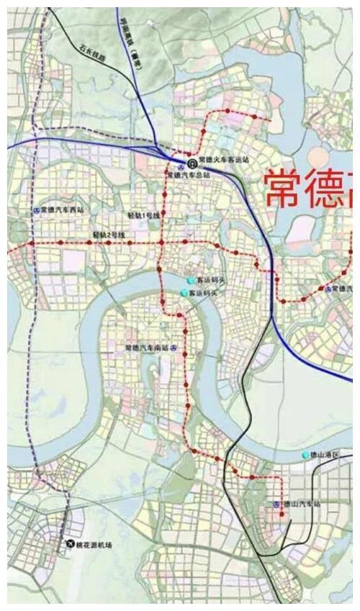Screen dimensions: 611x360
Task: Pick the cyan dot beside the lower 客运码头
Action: [184, 294]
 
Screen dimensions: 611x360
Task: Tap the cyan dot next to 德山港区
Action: [305, 455]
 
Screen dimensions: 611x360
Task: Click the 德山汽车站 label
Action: [300, 505]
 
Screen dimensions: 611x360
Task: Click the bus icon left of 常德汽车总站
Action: [171, 174]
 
